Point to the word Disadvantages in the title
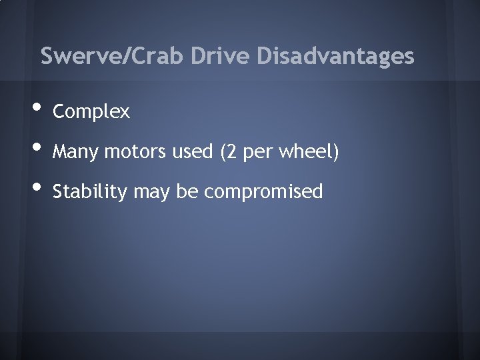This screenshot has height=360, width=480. click(x=335, y=56)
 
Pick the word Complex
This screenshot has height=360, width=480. click(x=91, y=112)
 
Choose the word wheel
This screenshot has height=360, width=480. click(x=305, y=153)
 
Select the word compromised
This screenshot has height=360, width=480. click(x=263, y=193)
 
